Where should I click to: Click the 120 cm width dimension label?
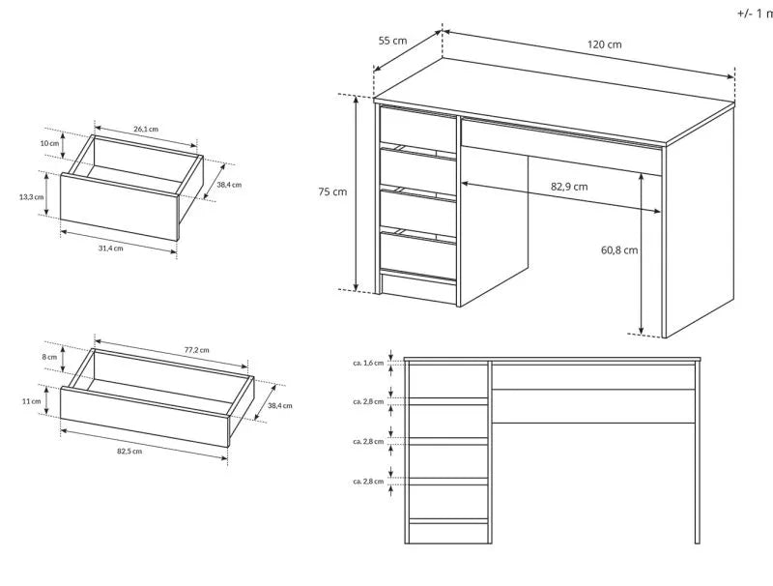tap(603, 44)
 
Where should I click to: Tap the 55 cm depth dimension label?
tap(392, 41)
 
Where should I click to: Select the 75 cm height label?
tap(332, 191)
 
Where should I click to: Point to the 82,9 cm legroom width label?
tap(569, 186)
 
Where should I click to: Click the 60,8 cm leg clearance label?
tap(618, 250)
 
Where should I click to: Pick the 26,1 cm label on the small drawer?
tap(146, 129)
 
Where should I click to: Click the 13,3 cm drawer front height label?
tap(32, 197)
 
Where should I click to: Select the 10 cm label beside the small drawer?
tap(49, 143)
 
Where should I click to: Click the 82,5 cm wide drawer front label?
tap(129, 451)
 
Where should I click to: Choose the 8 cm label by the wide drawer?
tap(50, 357)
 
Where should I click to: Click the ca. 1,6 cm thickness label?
tap(369, 363)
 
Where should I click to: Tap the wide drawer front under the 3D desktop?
tap(560, 145)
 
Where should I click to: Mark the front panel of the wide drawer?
tap(145, 414)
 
